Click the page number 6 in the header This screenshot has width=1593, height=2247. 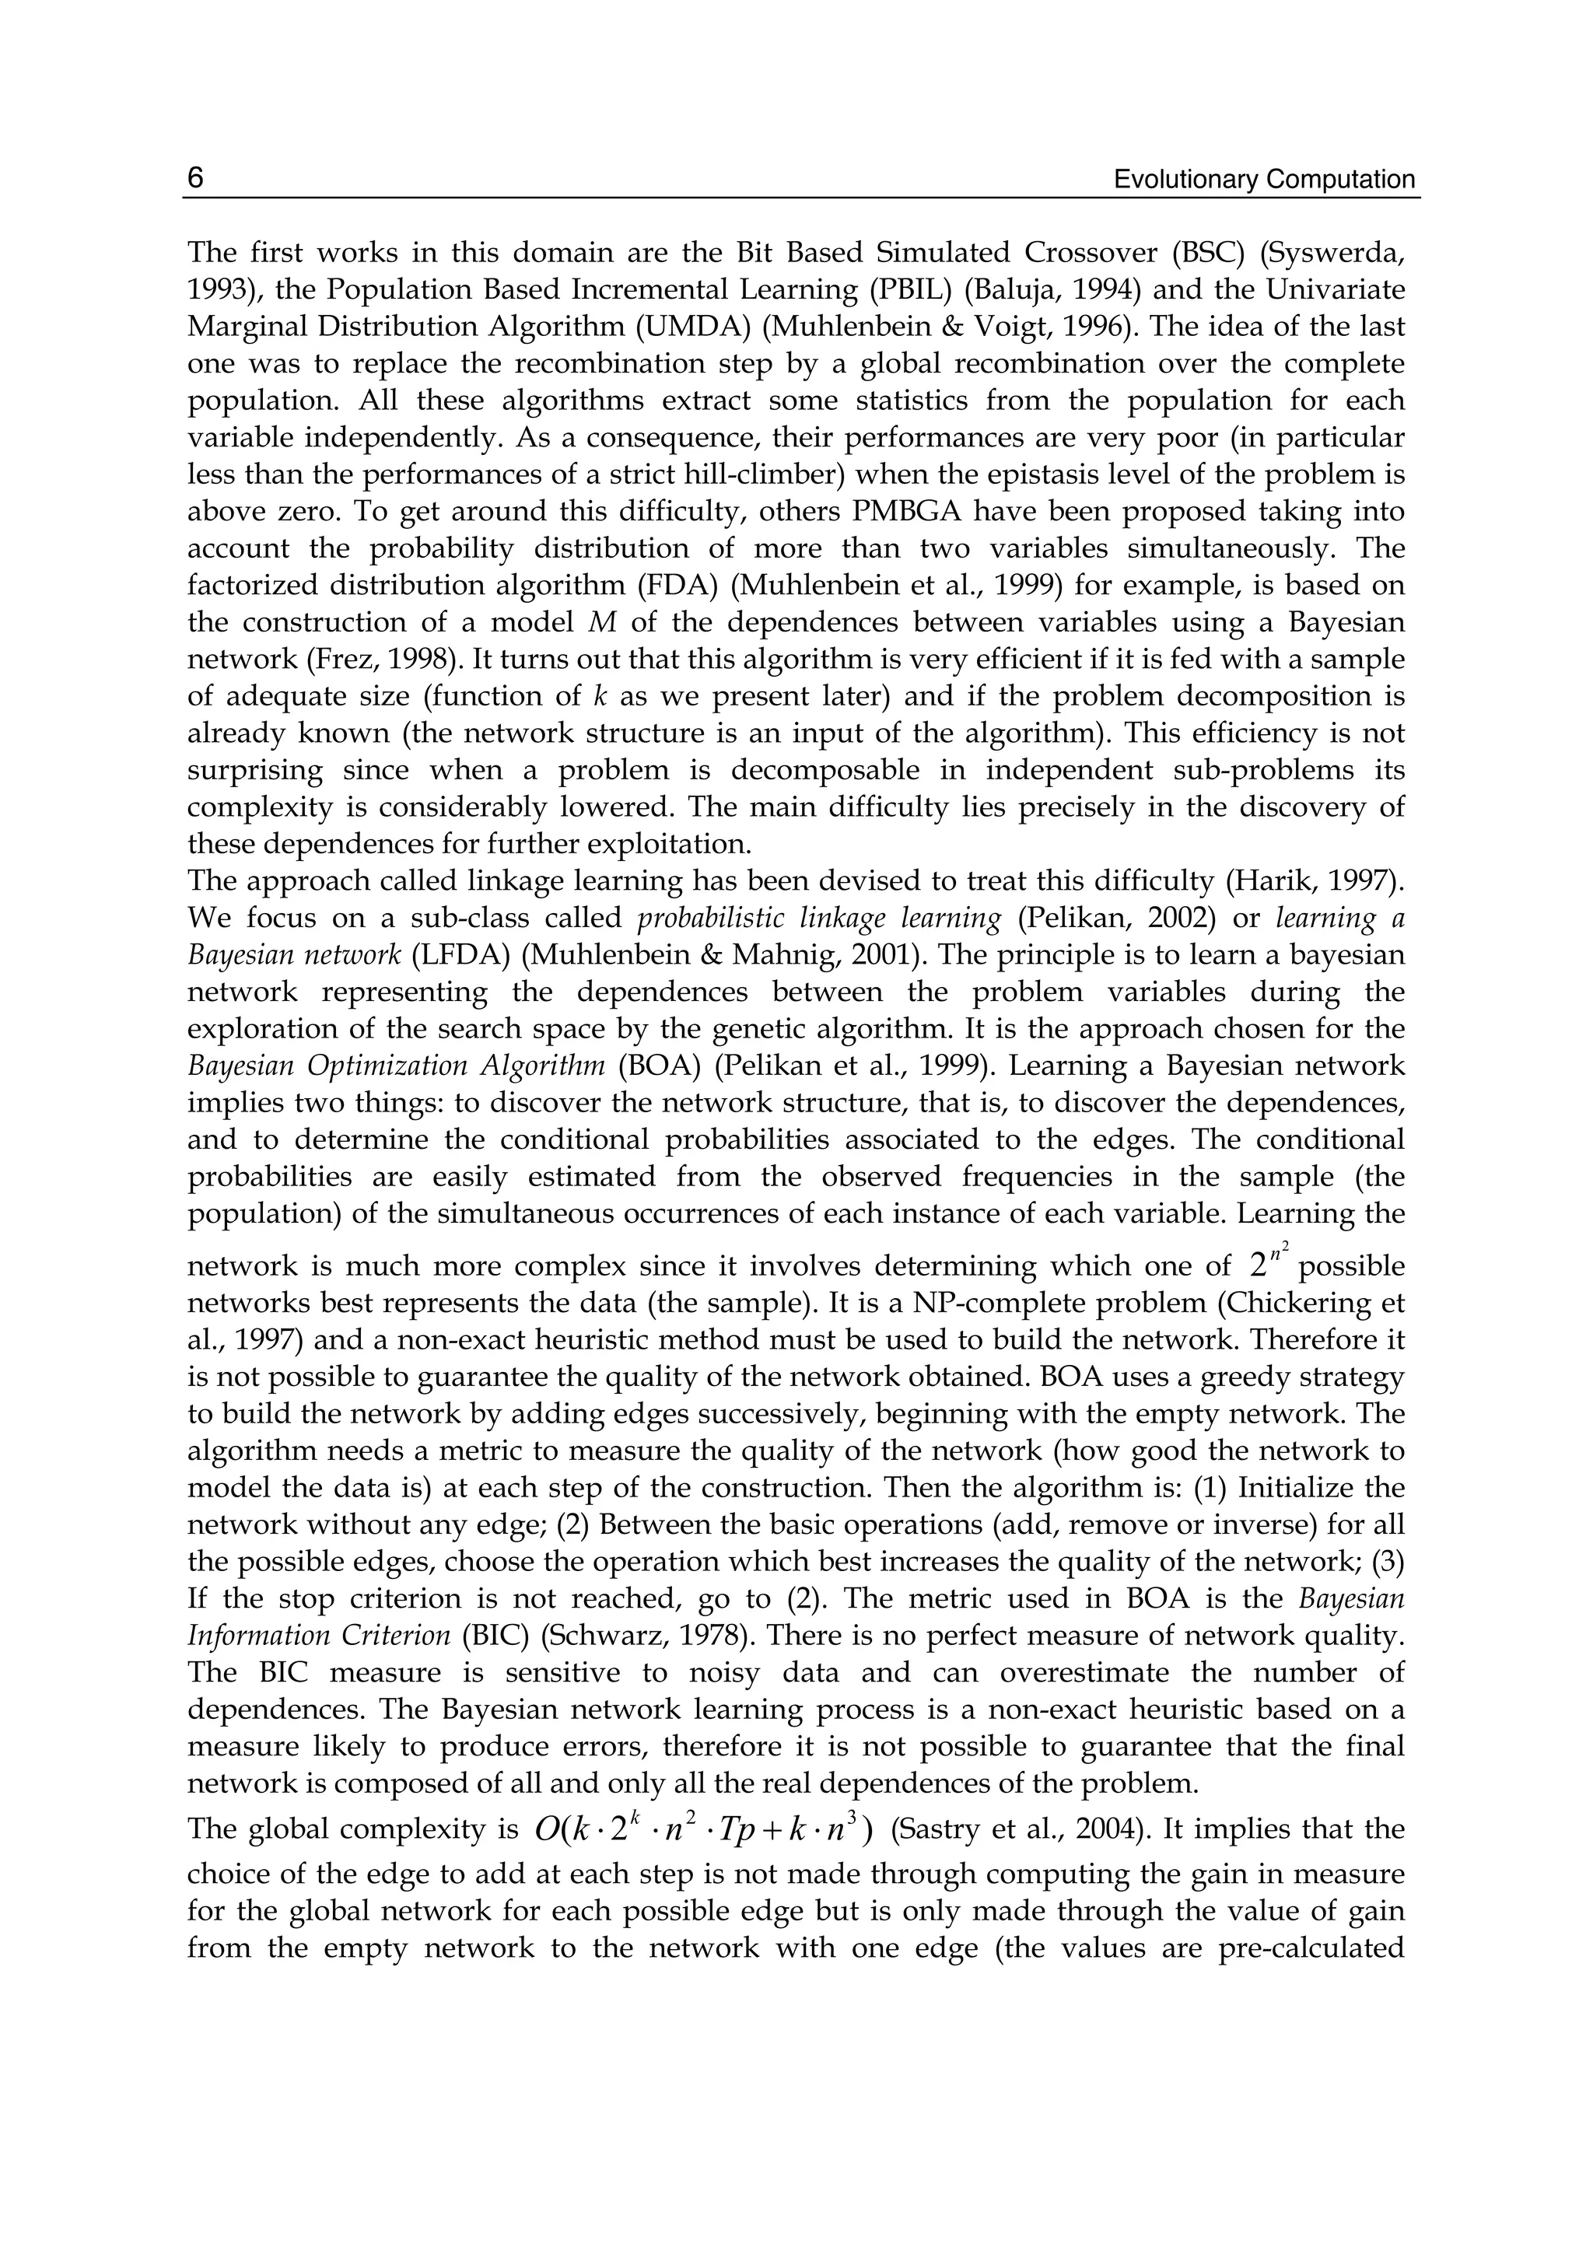(195, 179)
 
